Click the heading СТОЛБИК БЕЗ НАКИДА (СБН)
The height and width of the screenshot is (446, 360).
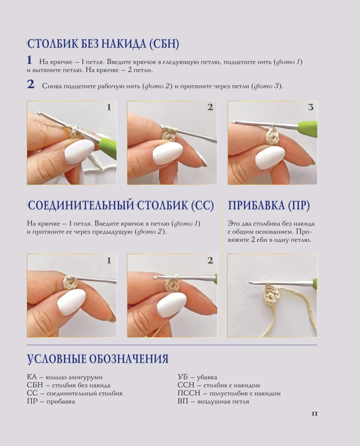(x=103, y=44)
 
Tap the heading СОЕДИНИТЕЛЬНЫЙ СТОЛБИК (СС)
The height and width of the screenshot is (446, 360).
(x=120, y=205)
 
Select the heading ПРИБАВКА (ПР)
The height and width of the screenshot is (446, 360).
(x=269, y=205)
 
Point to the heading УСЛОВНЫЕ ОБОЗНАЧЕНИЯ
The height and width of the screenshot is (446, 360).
(x=98, y=359)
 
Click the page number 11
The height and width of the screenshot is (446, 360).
(x=315, y=413)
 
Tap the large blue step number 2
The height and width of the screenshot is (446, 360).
(x=31, y=84)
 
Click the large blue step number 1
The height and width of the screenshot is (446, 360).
(x=29, y=60)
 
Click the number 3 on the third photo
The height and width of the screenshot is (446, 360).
(x=311, y=107)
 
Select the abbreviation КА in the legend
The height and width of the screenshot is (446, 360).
(x=32, y=377)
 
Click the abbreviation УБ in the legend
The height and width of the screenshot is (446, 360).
(x=183, y=377)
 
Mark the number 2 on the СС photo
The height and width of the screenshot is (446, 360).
(x=210, y=260)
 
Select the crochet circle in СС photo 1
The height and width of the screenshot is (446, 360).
(x=70, y=282)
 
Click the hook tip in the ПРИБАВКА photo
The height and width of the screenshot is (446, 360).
(x=250, y=282)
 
